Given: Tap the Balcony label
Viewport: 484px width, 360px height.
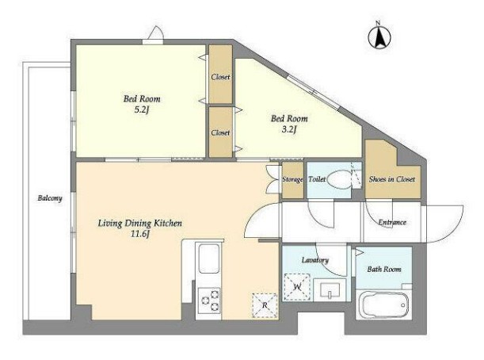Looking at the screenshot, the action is tap(50, 198).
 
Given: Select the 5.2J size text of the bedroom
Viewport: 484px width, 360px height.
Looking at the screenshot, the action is tap(142, 110).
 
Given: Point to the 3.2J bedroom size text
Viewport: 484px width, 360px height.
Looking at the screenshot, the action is tap(289, 129).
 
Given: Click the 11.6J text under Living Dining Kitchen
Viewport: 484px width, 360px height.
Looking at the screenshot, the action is tap(140, 234).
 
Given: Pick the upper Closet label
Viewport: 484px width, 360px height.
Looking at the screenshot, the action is tap(220, 77).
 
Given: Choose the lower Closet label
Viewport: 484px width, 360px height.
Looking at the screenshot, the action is tap(220, 132).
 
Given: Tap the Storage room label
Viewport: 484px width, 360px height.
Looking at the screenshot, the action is tap(292, 179).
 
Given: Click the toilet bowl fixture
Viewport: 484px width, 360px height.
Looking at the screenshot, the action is tap(338, 179).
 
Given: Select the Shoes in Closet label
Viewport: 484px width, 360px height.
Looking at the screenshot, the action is tap(392, 179).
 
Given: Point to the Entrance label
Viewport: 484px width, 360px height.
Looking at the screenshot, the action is tap(392, 222).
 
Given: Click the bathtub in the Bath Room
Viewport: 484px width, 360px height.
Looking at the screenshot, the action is tap(384, 304).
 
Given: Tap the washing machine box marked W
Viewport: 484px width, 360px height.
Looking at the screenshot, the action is tap(296, 287).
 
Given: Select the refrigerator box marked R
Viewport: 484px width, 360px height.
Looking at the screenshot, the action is tap(265, 305).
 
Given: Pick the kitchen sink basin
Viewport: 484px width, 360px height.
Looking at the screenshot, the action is tap(209, 259).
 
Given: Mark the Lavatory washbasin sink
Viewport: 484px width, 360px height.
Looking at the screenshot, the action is tap(330, 290).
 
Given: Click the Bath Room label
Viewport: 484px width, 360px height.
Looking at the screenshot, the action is tap(384, 269).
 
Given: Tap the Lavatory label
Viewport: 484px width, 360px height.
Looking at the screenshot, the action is tap(314, 260).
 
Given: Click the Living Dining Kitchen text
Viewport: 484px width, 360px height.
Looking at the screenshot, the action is tap(140, 223).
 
